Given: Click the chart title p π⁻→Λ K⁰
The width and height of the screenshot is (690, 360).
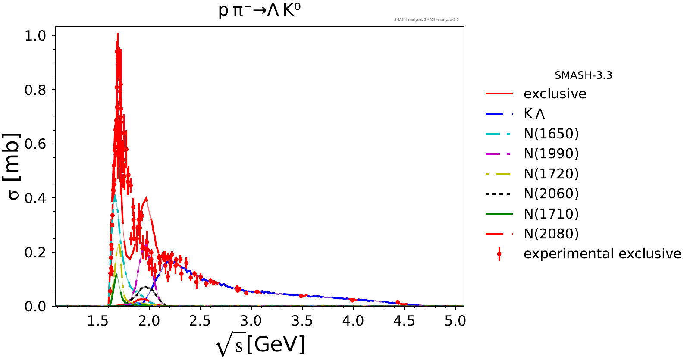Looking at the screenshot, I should point(259,10).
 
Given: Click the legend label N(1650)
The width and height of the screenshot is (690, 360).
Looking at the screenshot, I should point(551,134).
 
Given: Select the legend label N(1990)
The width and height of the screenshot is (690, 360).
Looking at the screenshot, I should point(551,153).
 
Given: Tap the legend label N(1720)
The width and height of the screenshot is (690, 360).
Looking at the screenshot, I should point(551,174).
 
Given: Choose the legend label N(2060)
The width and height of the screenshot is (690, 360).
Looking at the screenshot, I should point(551,194).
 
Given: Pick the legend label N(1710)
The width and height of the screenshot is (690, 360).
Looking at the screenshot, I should point(551,214).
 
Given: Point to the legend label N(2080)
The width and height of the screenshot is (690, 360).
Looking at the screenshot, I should point(551,234).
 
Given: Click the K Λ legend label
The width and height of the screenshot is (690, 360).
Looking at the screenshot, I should point(534,114).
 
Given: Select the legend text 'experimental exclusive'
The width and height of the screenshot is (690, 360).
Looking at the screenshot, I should point(602,254).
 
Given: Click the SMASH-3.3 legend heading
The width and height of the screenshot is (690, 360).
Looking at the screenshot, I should point(583,75).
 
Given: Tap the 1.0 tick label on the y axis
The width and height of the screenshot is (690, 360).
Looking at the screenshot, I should point(35,36).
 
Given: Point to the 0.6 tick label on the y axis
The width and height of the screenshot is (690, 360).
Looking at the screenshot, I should point(35,144).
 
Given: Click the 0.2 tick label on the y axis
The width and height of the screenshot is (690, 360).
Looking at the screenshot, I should point(35,252).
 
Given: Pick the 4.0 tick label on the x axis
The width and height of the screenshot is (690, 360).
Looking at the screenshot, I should point(353,321).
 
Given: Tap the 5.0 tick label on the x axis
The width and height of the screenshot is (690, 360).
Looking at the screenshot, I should point(455,321).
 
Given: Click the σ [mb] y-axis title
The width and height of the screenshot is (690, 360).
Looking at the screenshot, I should point(14,166).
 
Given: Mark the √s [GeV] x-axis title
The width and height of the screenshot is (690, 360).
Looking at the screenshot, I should point(260,345).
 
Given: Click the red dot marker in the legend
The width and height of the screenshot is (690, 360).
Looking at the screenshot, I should point(499,254).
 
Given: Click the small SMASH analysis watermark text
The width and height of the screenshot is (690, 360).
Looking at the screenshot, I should point(426,19).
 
